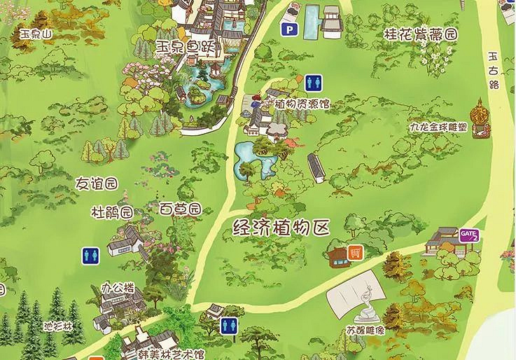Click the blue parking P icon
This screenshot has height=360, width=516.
tap(287, 30)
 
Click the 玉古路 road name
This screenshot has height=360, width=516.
tap(494, 69)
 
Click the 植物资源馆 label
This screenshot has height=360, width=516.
tap(302, 104)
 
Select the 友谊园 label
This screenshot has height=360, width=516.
tap(96, 184)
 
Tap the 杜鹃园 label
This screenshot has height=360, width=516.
tap(112, 211)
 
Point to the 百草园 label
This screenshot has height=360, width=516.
tap(180, 209)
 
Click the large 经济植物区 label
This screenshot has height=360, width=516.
tap(281, 227)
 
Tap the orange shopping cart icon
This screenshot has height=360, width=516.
tap(355, 251)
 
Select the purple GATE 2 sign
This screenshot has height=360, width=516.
tap(468, 235)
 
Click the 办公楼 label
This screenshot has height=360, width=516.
tap(117, 286)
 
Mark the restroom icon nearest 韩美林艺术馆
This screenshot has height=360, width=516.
tap(229, 325)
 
